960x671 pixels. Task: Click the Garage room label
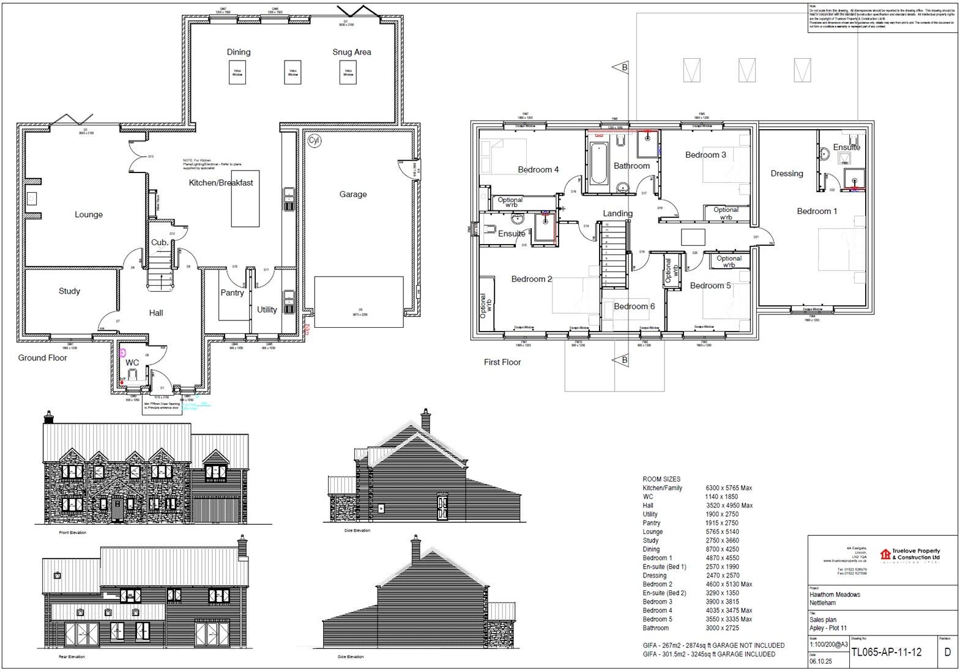[x=353, y=195]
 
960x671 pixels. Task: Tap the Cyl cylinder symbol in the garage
[x=314, y=140]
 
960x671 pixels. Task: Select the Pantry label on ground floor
[x=232, y=293]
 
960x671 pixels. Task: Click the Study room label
[x=69, y=291]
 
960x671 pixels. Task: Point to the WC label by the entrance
[x=132, y=363]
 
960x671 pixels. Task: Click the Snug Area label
[x=351, y=52]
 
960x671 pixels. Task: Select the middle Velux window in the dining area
[x=293, y=72]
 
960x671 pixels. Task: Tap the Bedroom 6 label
[x=634, y=306]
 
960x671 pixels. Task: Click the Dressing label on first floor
[x=786, y=174]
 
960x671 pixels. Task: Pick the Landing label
[x=617, y=213]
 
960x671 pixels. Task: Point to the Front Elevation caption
[x=73, y=533]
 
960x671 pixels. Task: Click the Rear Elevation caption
[x=72, y=657]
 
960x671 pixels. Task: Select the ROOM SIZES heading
[x=661, y=480]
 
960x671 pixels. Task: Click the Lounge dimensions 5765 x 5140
[x=721, y=532]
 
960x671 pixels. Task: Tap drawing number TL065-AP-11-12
[x=895, y=652]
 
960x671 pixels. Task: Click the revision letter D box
[x=947, y=652]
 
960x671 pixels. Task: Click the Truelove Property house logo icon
[x=885, y=554]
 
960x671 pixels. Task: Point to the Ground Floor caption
[x=42, y=358]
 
